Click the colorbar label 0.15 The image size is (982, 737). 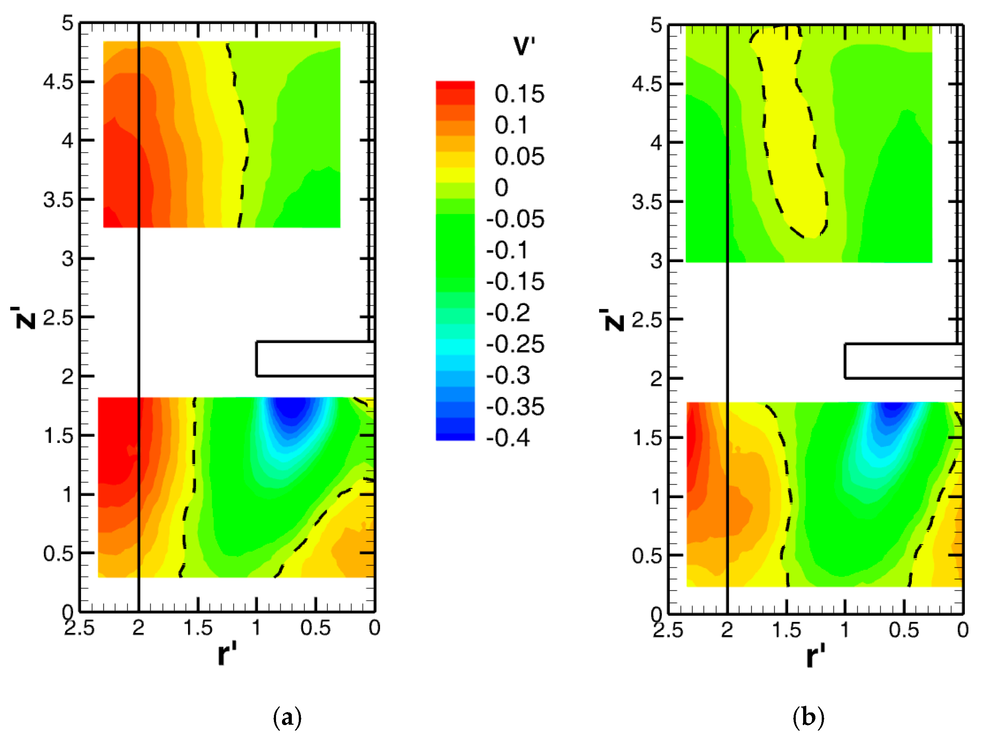point(519,94)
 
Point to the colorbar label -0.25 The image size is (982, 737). point(515,344)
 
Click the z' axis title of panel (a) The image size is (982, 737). point(23,317)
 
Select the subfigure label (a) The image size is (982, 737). point(287,717)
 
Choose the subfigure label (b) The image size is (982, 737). point(808,717)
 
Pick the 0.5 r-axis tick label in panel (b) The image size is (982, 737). point(904,630)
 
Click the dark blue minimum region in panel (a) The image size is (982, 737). point(291,408)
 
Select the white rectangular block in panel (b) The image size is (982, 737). point(903,361)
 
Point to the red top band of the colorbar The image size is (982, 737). point(455,87)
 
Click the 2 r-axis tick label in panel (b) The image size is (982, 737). point(727,630)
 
